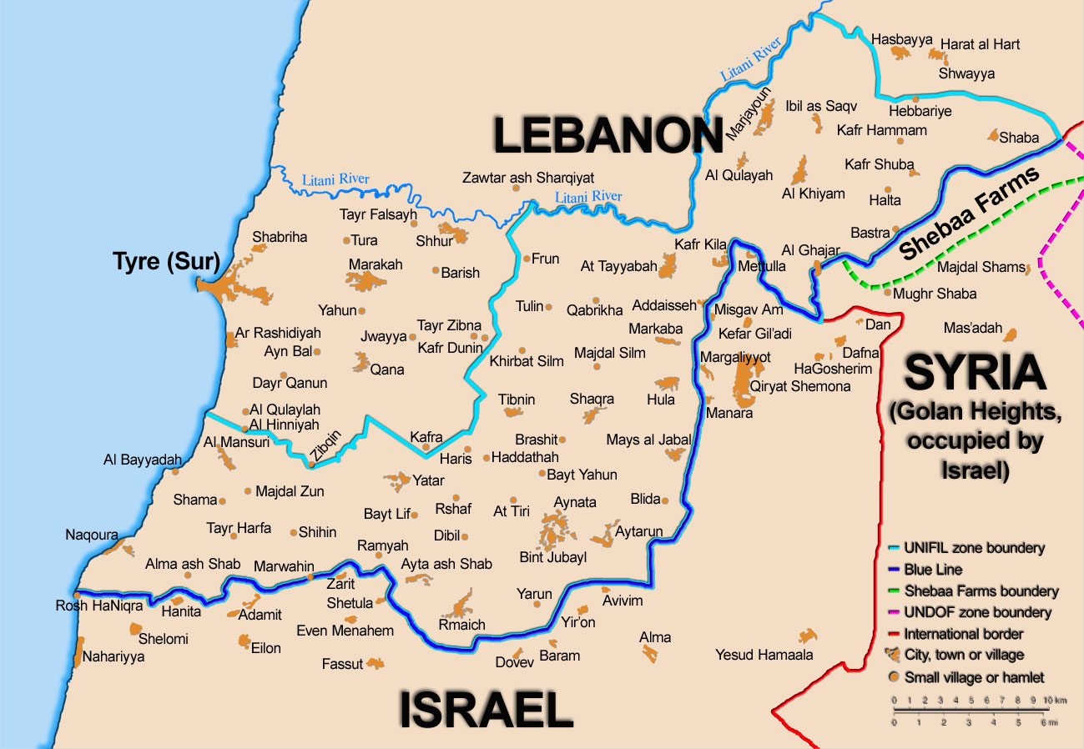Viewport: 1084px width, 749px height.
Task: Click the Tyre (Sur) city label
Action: (x=166, y=263)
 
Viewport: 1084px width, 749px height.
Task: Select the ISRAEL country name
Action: (x=486, y=711)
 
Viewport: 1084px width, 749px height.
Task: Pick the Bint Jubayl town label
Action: (x=552, y=557)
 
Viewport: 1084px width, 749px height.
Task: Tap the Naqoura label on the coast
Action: (x=92, y=535)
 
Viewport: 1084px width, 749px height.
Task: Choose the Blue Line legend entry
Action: (x=933, y=570)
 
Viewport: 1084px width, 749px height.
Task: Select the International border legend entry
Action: (x=964, y=634)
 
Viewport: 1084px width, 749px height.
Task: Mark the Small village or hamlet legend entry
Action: (x=974, y=677)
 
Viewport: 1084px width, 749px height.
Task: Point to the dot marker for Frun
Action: (x=527, y=259)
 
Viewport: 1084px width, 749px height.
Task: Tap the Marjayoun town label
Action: (x=749, y=115)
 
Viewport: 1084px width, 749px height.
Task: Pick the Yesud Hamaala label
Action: (x=764, y=655)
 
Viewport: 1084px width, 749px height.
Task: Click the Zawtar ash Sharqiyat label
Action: (x=528, y=178)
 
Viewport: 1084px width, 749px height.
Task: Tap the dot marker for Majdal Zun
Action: (x=248, y=491)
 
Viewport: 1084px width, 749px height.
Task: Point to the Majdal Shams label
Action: (x=980, y=267)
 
